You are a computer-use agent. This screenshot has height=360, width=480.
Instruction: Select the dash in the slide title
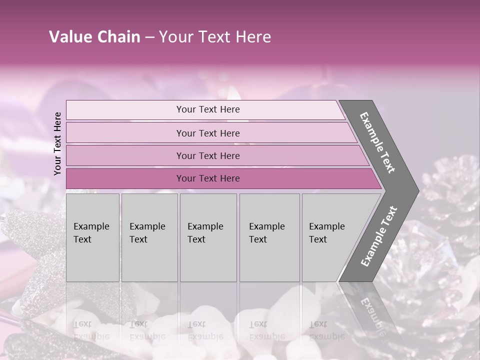(x=149, y=37)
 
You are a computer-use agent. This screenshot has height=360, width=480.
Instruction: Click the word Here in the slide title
(x=253, y=37)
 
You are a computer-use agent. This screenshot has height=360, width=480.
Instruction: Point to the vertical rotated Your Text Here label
(x=57, y=143)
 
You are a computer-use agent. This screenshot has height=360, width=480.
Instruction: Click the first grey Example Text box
(x=92, y=237)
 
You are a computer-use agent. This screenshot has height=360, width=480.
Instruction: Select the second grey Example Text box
(x=149, y=237)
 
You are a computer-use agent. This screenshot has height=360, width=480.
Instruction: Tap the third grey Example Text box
(x=208, y=237)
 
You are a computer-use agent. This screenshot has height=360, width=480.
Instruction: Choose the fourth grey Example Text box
(x=269, y=237)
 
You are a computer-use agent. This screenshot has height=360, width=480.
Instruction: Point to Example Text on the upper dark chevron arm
(x=378, y=142)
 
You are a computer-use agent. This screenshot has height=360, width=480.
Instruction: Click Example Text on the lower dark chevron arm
(x=379, y=236)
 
